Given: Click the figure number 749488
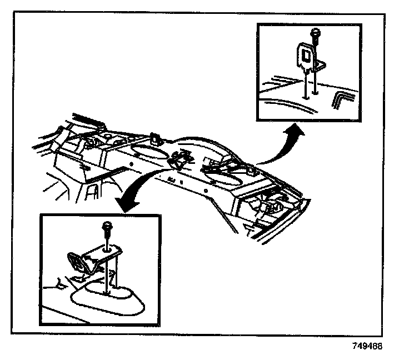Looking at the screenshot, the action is point(367,345).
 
